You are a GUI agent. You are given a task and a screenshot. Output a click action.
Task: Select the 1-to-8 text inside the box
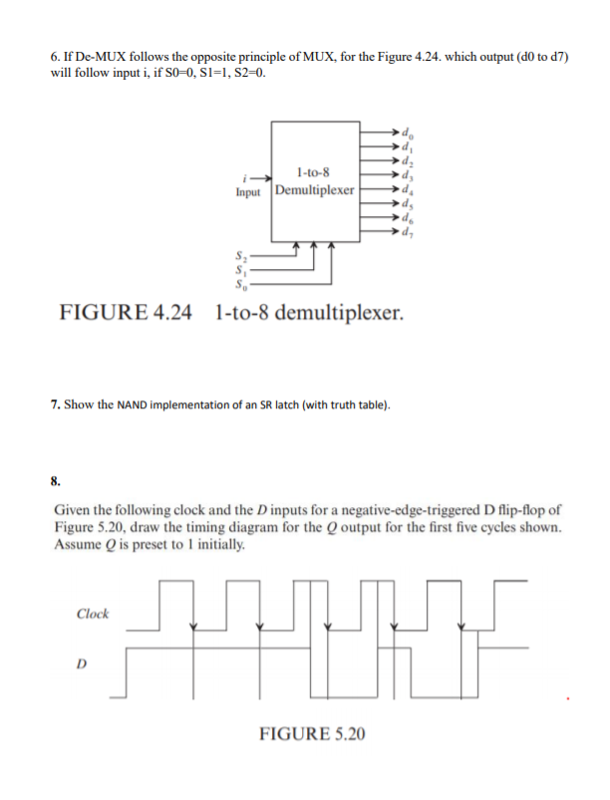[314, 174]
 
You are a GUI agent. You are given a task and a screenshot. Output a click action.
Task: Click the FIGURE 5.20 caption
[312, 734]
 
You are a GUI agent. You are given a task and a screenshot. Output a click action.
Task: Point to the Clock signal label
[92, 614]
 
